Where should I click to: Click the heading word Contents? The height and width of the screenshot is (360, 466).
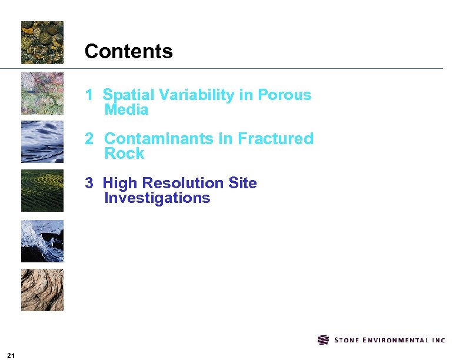(128, 52)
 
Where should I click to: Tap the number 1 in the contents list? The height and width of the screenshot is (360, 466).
(89, 95)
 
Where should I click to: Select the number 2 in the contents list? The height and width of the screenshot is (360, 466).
(89, 139)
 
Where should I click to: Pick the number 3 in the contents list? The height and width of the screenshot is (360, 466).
(89, 183)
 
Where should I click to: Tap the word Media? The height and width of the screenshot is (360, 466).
(126, 110)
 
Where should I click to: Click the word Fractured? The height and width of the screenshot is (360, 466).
(275, 139)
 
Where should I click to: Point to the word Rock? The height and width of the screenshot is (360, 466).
(124, 154)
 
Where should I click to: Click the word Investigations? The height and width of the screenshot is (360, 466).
(157, 198)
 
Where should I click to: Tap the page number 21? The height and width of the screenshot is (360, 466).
(11, 355)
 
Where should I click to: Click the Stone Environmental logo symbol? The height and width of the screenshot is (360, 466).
(323, 340)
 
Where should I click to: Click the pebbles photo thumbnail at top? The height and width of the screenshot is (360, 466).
(42, 42)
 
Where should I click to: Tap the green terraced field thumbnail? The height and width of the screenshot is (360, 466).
(42, 191)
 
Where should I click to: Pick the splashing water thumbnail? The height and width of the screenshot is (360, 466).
(42, 241)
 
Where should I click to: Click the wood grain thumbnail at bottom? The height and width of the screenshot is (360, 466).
(42, 290)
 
